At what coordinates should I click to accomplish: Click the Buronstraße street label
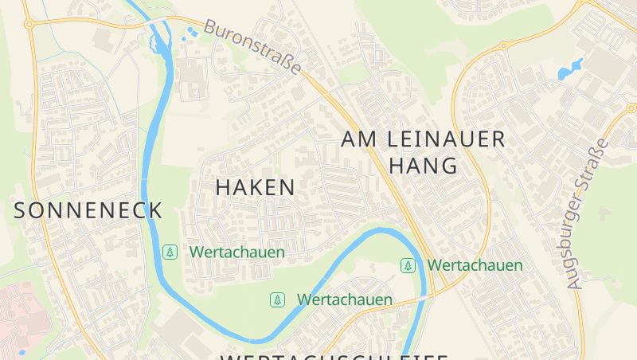pyautogui.click(x=253, y=47)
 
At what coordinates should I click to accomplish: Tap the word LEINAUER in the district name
pyautogui.click(x=446, y=139)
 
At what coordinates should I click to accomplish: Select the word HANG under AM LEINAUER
pyautogui.click(x=423, y=166)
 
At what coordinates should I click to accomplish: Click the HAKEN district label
pyautogui.click(x=256, y=188)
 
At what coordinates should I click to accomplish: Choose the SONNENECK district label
pyautogui.click(x=88, y=210)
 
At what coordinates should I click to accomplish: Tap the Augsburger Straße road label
pyautogui.click(x=588, y=213)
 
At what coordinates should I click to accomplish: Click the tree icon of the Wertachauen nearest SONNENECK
pyautogui.click(x=170, y=252)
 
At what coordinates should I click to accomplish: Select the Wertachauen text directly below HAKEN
pyautogui.click(x=237, y=252)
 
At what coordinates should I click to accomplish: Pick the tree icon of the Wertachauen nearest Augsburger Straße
pyautogui.click(x=408, y=265)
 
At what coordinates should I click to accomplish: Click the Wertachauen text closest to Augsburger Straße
pyautogui.click(x=475, y=265)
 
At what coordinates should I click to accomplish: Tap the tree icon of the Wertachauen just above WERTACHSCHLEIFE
pyautogui.click(x=277, y=299)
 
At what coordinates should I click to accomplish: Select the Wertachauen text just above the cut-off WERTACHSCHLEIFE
pyautogui.click(x=345, y=299)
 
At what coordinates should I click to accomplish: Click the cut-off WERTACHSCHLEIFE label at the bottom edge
pyautogui.click(x=334, y=356)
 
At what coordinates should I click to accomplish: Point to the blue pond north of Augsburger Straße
pyautogui.click(x=570, y=70)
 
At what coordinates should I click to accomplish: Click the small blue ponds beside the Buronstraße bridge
pyautogui.click(x=191, y=33)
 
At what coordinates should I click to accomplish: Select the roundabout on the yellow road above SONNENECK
pyautogui.click(x=29, y=24)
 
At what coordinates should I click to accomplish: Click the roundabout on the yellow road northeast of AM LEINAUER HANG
pyautogui.click(x=503, y=45)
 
